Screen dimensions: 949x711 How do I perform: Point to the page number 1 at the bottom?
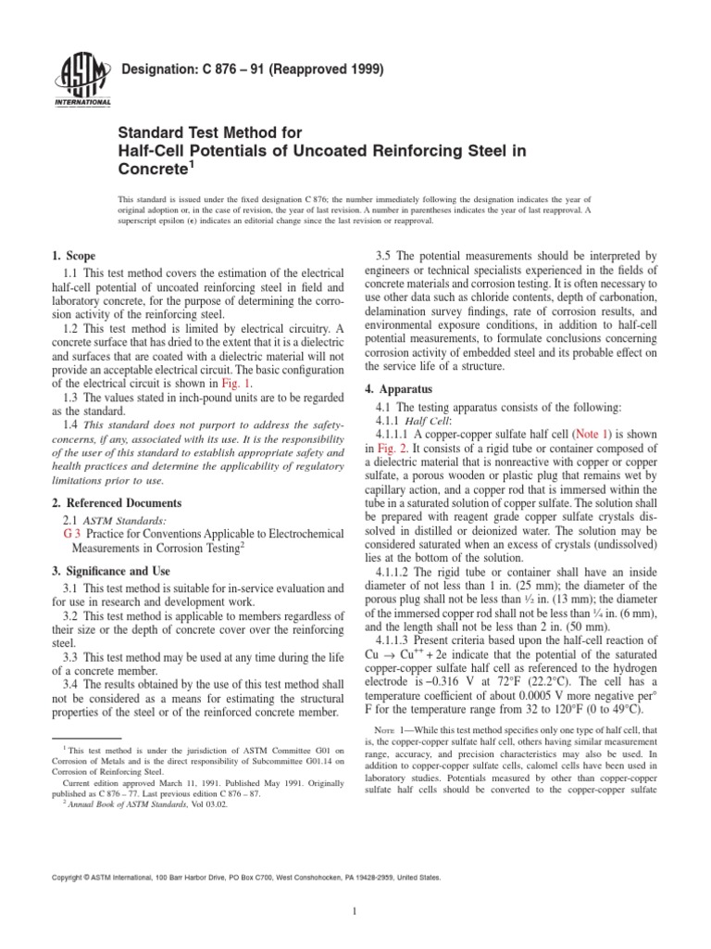tap(355, 911)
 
